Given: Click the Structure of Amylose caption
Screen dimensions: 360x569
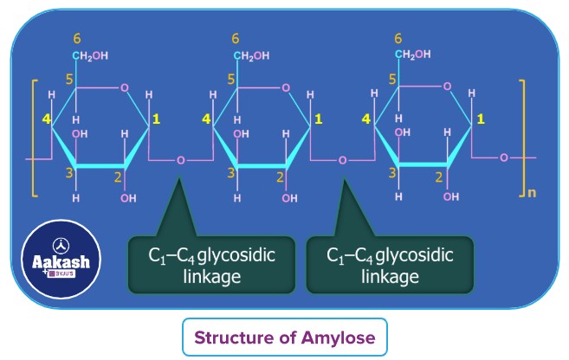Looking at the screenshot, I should (284, 337).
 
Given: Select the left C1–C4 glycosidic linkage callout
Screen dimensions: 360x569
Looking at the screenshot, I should (199, 264).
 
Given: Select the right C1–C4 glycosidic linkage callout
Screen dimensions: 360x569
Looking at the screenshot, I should (390, 264).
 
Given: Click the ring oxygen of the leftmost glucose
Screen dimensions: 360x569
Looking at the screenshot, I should (125, 87).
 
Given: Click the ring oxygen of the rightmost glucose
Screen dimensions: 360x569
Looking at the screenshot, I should (447, 87).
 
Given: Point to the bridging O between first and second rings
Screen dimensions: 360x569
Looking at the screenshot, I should (180, 160).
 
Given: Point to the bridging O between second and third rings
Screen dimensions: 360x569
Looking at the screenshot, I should (342, 160).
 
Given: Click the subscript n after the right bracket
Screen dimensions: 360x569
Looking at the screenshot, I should (531, 192).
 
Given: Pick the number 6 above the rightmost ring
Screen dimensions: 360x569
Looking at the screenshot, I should (398, 39).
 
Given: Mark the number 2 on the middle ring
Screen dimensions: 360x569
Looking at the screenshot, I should (280, 177).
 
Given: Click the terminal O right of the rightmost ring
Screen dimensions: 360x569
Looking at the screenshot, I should (503, 158).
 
